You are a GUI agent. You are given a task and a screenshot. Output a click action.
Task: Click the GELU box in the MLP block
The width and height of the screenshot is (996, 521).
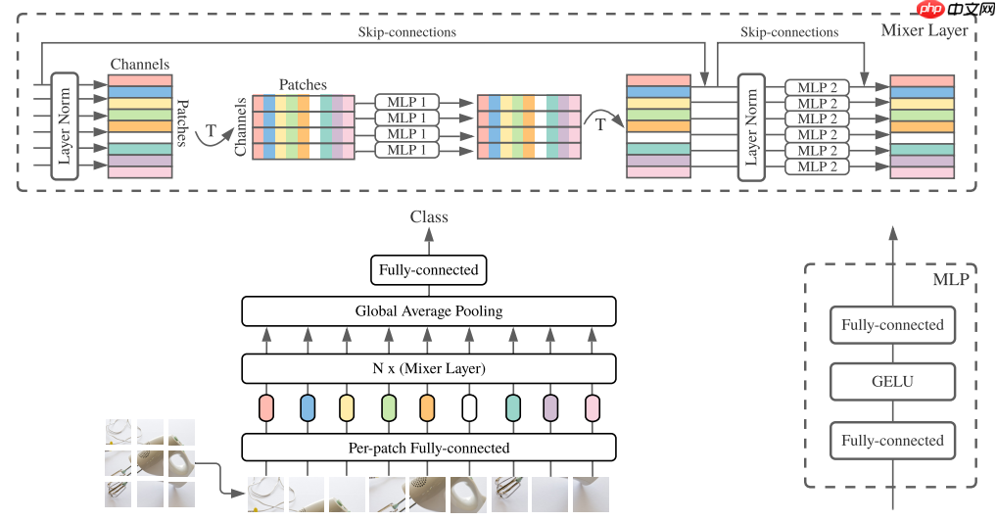pos(892,382)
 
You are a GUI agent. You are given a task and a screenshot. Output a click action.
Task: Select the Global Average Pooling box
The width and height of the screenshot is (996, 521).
pos(428,311)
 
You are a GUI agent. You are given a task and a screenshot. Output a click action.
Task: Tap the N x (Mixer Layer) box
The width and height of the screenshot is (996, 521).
pos(428,368)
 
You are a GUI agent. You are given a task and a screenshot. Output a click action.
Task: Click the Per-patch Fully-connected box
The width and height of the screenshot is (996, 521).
pos(428,448)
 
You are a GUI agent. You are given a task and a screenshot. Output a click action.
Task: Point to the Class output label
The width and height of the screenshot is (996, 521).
pos(429,217)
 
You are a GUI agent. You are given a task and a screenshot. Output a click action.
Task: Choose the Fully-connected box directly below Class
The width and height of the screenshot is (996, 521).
pos(428,269)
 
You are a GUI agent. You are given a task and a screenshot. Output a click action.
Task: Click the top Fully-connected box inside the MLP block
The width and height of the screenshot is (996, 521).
pos(892,325)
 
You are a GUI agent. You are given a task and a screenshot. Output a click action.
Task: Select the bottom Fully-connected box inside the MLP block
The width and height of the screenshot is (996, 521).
pos(892,441)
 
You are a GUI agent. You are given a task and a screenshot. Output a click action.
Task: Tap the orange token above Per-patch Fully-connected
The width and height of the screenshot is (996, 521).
pos(426,407)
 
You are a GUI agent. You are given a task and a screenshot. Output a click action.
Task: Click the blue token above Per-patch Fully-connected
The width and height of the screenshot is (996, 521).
pos(307,407)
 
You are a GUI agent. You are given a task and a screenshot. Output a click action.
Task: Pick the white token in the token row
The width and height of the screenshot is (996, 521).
pos(469,407)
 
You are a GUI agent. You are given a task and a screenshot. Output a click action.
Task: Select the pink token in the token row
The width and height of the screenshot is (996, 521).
pos(592,407)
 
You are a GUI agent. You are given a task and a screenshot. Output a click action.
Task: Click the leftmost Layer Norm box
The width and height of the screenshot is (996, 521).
pos(65,125)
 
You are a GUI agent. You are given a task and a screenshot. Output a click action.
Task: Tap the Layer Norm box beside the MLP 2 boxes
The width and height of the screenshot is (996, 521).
pos(751,125)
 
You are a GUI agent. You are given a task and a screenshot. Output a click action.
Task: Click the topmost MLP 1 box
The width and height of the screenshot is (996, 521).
pos(407,101)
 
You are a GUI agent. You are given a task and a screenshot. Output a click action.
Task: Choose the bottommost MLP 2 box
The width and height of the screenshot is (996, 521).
pos(817,166)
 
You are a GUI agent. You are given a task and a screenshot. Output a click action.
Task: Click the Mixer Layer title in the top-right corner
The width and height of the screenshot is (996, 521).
pos(924,30)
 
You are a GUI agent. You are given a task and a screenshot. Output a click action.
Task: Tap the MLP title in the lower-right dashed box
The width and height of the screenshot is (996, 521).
pos(950,280)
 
